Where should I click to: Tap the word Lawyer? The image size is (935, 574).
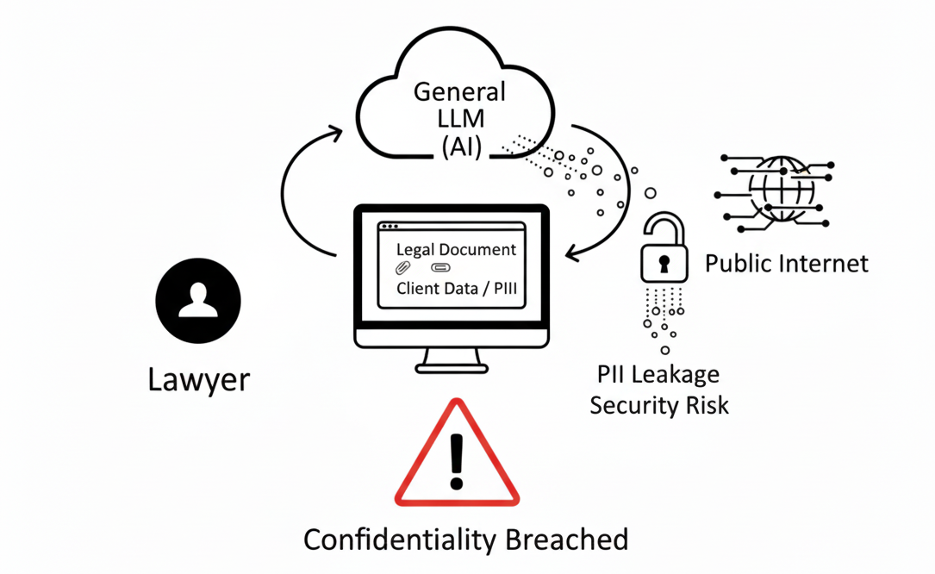tap(199, 379)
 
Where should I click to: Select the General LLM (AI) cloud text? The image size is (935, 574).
tap(459, 119)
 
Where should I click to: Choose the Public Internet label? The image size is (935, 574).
tap(787, 263)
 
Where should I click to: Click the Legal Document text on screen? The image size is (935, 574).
tap(456, 250)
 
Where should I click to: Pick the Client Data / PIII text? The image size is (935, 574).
tap(457, 289)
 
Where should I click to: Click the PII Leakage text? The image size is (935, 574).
tap(658, 374)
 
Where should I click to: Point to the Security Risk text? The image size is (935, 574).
tap(659, 404)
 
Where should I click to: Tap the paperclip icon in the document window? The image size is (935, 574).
tap(402, 269)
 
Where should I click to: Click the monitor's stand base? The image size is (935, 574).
tap(452, 368)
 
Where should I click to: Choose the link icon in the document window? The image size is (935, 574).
tap(440, 269)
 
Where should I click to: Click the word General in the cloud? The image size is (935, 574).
tap(459, 91)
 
